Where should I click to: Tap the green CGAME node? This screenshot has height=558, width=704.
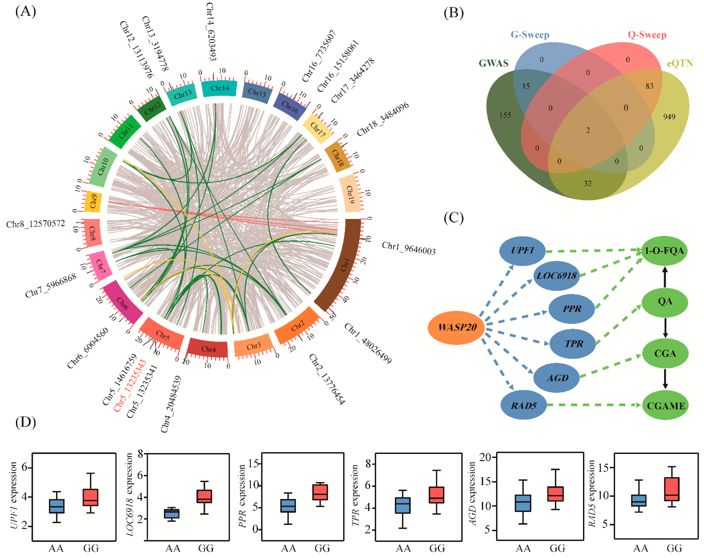[665, 405]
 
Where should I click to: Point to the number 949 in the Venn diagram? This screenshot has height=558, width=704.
[669, 117]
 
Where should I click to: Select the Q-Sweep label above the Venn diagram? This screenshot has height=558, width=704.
[647, 35]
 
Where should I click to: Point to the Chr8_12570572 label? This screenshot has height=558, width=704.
[35, 224]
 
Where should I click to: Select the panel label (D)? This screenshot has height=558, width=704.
[25, 422]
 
